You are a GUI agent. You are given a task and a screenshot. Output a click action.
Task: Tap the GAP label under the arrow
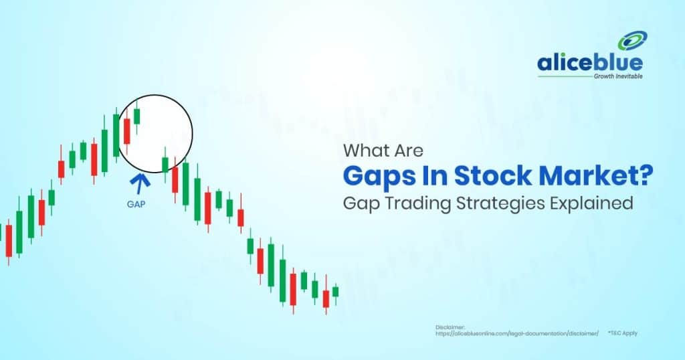(x=136, y=204)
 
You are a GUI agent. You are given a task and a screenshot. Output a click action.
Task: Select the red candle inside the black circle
(x=126, y=132)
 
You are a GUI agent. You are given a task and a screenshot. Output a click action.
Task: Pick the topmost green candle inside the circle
(x=136, y=116)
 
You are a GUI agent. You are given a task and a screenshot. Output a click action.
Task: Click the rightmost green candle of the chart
(x=335, y=291)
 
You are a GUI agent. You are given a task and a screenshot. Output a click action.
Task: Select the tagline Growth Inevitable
(x=617, y=77)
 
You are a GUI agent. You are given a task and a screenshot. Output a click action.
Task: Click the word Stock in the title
(x=481, y=176)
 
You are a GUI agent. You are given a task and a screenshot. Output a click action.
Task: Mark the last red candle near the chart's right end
(x=326, y=299)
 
